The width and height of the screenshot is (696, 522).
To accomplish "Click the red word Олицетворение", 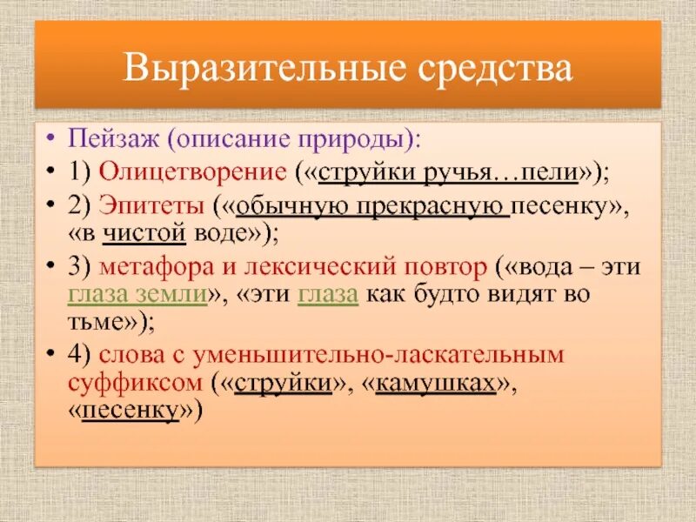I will pyautogui.click(x=191, y=171).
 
